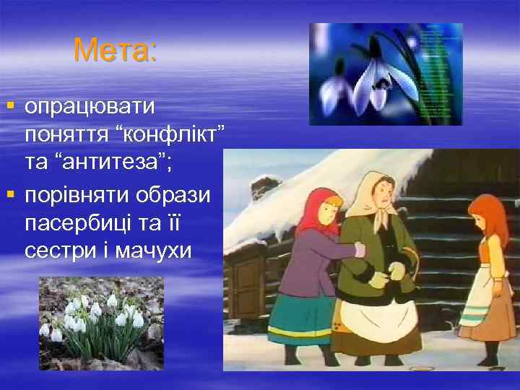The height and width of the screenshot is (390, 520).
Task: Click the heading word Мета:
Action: (x=116, y=51)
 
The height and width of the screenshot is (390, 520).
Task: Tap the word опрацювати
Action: (x=90, y=107)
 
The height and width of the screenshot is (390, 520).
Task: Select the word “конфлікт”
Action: (x=176, y=135)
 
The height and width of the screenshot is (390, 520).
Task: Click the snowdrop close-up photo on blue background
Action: (x=386, y=74)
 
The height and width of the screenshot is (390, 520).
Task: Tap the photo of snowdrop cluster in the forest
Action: (x=101, y=323)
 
